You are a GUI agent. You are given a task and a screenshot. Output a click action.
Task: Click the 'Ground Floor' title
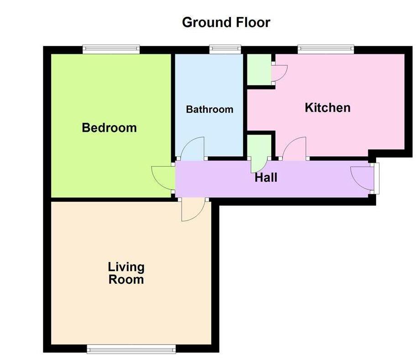point(226,22)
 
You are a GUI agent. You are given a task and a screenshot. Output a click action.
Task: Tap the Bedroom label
point(109,127)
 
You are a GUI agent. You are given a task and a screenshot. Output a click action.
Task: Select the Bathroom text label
point(210,110)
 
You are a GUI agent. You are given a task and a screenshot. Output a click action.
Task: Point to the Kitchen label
point(327,108)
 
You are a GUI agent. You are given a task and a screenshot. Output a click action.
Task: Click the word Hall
point(266,177)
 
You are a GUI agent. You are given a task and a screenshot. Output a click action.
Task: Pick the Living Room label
point(126,272)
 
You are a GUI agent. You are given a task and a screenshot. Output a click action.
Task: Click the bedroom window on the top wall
point(111,48)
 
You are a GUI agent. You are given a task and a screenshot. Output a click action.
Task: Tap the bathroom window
point(225,48)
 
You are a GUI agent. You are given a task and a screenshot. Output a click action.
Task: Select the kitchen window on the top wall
point(325,48)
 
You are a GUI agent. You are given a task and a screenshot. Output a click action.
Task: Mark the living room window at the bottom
point(131,349)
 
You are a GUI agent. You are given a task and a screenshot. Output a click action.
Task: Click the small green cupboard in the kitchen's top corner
point(259,69)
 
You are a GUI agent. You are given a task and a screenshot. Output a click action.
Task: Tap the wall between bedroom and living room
point(110,199)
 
